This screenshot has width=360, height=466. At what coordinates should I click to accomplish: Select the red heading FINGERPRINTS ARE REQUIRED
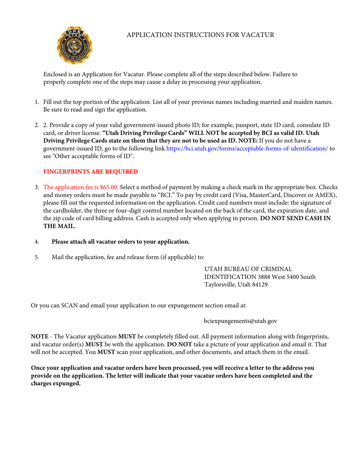point(91,172)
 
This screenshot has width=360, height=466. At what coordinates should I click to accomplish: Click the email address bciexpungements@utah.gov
point(241,321)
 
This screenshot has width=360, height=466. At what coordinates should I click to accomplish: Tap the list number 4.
point(37,242)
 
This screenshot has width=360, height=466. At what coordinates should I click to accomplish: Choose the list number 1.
point(37,102)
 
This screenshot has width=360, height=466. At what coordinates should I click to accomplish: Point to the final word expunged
point(69,383)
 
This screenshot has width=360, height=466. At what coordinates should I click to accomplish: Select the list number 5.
point(37,257)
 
